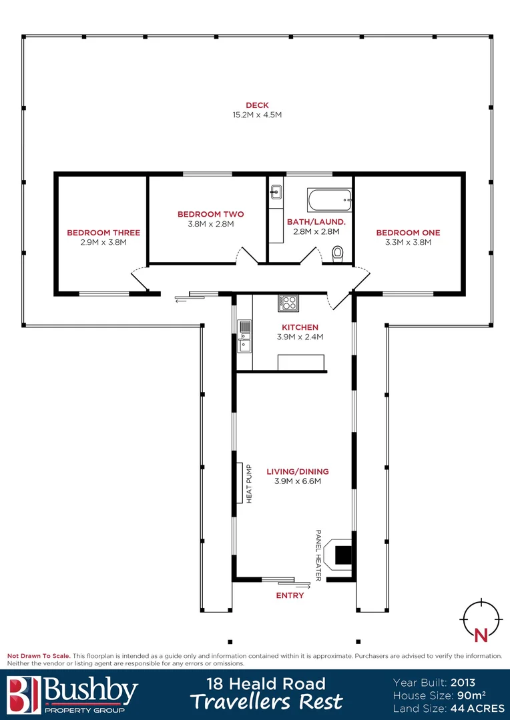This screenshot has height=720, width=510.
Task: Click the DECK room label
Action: click(x=257, y=105)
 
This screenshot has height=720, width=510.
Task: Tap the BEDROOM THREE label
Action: click(x=103, y=233)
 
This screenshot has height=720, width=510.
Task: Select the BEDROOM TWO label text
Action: click(x=210, y=214)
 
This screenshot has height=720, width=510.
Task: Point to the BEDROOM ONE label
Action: click(x=408, y=233)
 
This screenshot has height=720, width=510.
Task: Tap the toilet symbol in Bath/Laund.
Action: click(x=338, y=253)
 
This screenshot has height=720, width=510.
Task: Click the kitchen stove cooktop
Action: click(x=288, y=303)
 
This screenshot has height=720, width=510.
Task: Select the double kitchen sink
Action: click(x=244, y=335)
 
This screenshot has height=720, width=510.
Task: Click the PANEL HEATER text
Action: click(x=318, y=555)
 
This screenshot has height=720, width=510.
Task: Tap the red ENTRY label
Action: click(x=290, y=595)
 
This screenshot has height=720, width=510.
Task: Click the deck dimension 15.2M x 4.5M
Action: click(x=257, y=115)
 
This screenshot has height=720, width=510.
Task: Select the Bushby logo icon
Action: click(x=23, y=695)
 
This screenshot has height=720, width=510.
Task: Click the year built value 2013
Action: click(x=463, y=683)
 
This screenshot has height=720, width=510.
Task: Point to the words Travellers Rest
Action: click(x=266, y=702)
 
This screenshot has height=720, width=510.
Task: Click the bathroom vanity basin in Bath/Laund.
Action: click(x=275, y=193)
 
